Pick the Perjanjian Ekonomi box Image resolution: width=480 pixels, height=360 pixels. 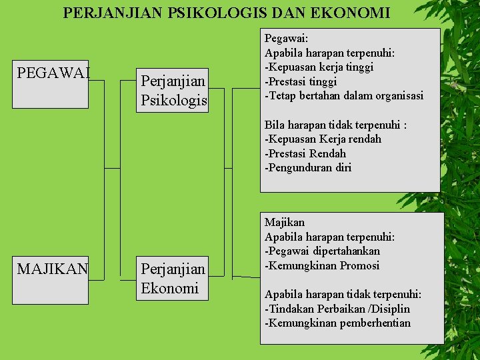(x=172, y=279)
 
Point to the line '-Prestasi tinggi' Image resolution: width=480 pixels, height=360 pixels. (x=301, y=81)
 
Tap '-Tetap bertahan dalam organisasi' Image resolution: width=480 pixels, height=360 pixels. (x=344, y=95)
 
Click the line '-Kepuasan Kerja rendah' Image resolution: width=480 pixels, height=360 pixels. (x=323, y=139)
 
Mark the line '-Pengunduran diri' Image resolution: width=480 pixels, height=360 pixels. (x=307, y=167)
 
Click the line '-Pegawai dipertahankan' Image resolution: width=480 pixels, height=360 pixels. (x=322, y=251)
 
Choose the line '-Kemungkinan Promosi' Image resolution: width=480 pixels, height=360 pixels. (x=322, y=265)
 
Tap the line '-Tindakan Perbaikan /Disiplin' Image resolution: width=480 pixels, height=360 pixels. (x=337, y=309)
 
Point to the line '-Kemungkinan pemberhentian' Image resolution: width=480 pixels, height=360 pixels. (x=337, y=323)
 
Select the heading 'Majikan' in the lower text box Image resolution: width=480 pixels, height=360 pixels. (x=285, y=222)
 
